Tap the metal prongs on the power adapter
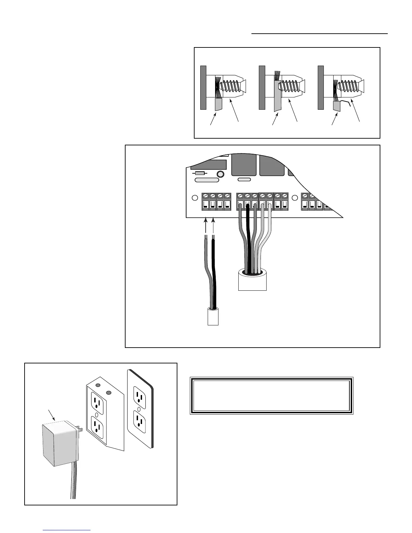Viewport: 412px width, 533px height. [80, 429]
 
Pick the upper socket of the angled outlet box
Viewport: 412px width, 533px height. [97, 402]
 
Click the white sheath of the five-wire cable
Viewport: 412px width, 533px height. [252, 281]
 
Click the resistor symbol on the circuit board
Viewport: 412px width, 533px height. [200, 173]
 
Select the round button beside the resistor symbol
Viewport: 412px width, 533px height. [220, 174]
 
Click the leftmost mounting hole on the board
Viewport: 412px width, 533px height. [194, 198]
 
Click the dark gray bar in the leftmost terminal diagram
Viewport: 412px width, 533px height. [203, 87]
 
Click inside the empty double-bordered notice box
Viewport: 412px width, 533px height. [271, 396]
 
